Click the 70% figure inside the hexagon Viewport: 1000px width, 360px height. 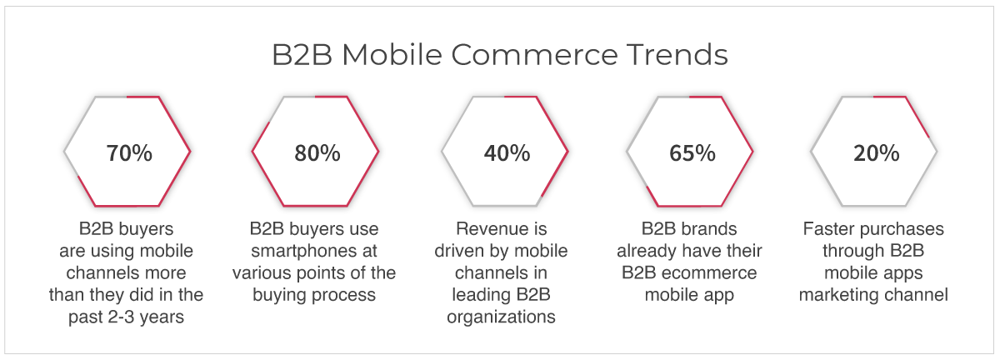click(129, 153)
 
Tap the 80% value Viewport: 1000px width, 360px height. click(317, 153)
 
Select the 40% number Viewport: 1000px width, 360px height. click(507, 153)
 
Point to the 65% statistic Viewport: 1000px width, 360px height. click(692, 153)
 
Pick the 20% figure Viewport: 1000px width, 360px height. click(877, 153)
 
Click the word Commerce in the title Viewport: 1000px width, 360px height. click(534, 55)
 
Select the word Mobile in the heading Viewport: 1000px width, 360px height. click(392, 55)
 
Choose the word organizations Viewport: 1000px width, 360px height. click(501, 317)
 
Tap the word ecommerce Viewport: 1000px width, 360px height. click(709, 272)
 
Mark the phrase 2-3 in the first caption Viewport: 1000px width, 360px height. click(122, 317)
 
